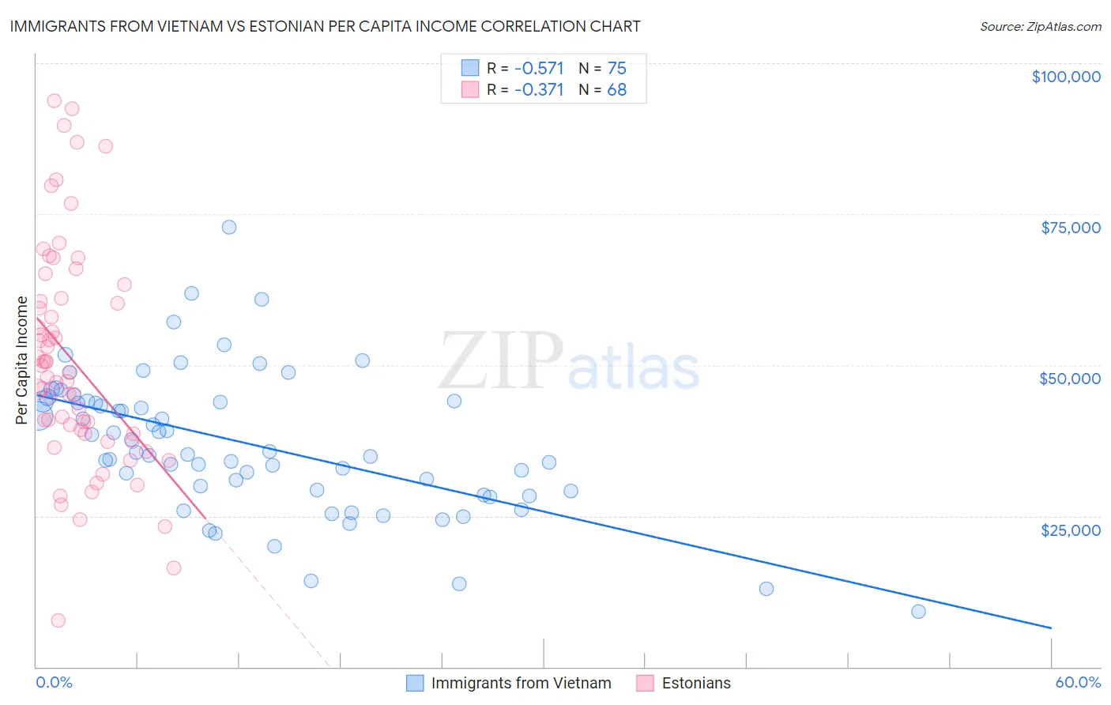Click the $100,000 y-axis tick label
1066,77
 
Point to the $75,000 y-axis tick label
1071,228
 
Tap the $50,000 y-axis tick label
1070,379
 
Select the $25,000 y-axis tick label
1071,530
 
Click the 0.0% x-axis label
54,682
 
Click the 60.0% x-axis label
1078,682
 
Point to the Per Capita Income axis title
22,360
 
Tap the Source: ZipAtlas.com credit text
1040,26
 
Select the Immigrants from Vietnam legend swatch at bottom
416,683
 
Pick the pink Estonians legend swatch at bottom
646,683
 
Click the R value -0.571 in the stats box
539,69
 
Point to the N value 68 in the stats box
616,90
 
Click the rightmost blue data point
918,612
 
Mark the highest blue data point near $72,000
229,228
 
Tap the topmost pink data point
55,101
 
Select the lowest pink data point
58,620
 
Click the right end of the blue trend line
1050,628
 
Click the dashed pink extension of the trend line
269,593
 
